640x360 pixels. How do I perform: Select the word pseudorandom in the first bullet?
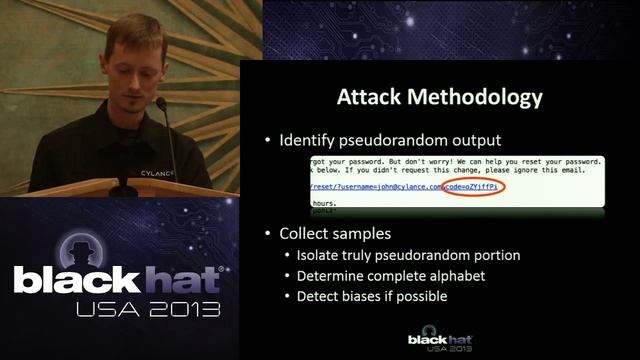tap(419, 141)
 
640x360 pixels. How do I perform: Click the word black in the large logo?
tap(76, 281)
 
